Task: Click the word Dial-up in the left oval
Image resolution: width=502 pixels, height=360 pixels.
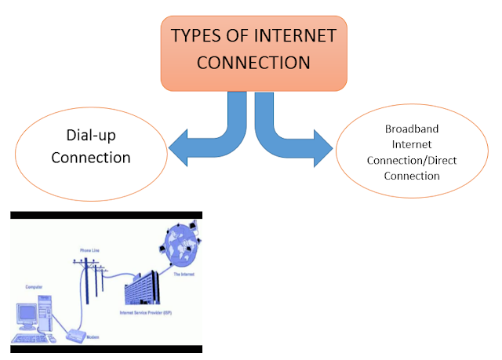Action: (x=90, y=134)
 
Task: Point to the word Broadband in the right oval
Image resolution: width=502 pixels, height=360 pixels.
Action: (x=411, y=128)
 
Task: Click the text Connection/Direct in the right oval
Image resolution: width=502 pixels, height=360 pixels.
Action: (x=411, y=160)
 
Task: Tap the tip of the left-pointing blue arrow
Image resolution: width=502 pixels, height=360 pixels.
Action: (x=169, y=147)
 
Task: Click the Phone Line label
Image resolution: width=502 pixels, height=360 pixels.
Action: (x=91, y=250)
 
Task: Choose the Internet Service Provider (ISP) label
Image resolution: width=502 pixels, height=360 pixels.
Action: (x=144, y=312)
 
